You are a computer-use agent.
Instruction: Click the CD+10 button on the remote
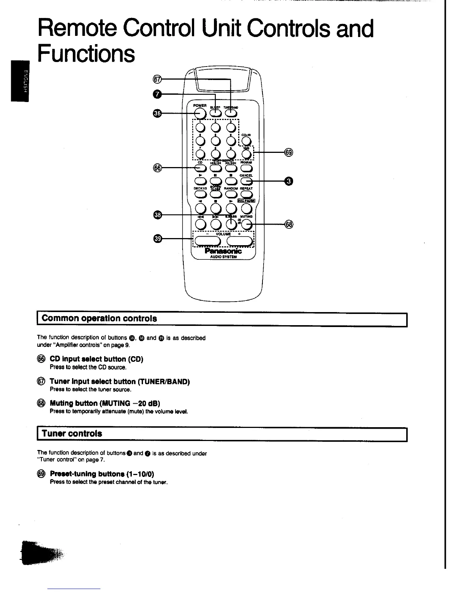[245, 141]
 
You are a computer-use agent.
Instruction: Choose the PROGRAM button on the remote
[246, 168]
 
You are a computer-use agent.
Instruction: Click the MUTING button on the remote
[246, 224]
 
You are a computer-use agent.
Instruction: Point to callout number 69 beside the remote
[289, 152]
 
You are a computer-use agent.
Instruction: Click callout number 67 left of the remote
[158, 79]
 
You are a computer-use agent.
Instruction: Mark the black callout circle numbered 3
[289, 182]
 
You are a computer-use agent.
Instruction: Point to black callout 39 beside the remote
[158, 238]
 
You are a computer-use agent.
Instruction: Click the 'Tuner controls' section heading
[72, 434]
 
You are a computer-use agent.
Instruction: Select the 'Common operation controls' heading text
[99, 318]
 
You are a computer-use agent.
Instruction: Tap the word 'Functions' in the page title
[86, 53]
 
